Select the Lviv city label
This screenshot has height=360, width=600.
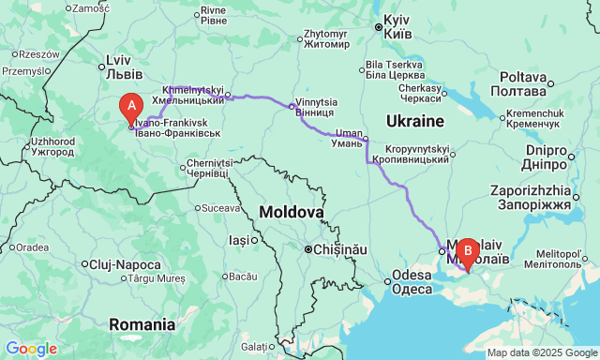point(123,68)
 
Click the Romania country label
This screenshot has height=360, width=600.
point(142,324)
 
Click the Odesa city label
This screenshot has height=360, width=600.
point(412,282)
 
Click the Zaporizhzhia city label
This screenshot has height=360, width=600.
point(530,196)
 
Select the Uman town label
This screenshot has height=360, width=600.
point(344,137)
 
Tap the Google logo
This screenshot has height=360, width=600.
point(30,349)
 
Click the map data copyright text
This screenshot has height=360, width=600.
point(541,352)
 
